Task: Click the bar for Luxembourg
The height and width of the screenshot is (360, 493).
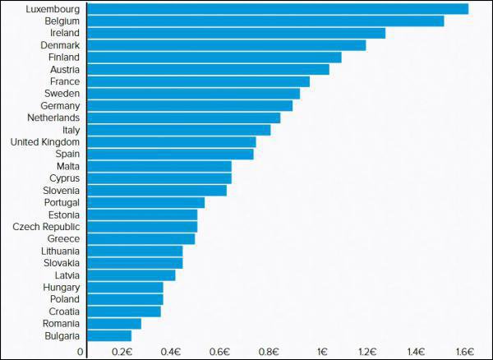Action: click(x=278, y=9)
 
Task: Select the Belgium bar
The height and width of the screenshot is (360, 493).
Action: click(x=265, y=21)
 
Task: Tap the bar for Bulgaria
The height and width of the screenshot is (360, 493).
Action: click(x=109, y=335)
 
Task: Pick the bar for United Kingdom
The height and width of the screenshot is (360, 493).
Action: click(x=172, y=142)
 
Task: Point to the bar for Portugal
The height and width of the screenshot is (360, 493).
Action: click(x=145, y=202)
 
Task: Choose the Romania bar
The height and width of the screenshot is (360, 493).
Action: click(x=114, y=324)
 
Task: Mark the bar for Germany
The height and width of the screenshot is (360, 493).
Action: click(x=190, y=106)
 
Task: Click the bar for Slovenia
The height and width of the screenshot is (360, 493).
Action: click(x=157, y=191)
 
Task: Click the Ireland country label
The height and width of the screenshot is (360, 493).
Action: click(x=64, y=33)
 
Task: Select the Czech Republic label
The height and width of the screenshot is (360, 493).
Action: click(x=46, y=227)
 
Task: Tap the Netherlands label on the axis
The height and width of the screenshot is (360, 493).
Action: click(x=53, y=118)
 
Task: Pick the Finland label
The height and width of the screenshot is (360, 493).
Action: click(x=63, y=58)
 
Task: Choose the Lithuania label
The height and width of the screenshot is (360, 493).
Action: click(x=60, y=251)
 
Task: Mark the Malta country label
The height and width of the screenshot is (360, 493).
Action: click(x=68, y=166)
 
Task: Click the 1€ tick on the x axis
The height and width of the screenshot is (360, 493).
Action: click(x=321, y=352)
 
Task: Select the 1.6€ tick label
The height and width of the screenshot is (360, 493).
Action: click(x=464, y=352)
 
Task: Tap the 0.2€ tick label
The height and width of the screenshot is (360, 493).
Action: click(x=122, y=352)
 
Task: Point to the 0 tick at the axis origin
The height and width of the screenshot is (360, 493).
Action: click(x=81, y=352)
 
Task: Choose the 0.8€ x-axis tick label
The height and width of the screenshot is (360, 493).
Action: click(x=269, y=352)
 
